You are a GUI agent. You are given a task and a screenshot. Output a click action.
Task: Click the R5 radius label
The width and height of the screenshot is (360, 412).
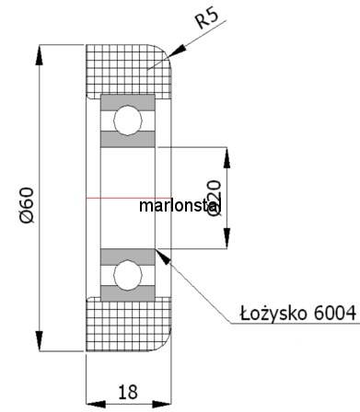[x=207, y=18]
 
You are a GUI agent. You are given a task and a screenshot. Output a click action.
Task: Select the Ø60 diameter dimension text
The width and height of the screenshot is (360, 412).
[x=27, y=205]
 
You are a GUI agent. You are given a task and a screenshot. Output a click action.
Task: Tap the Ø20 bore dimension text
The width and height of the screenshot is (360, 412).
[x=214, y=199]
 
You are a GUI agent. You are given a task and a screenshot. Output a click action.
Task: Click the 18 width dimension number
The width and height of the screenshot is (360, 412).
[x=128, y=392]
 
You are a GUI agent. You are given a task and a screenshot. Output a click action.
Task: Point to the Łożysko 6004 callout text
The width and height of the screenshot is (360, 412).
[x=298, y=314]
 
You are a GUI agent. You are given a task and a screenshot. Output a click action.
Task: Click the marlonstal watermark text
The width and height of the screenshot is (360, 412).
[x=180, y=206]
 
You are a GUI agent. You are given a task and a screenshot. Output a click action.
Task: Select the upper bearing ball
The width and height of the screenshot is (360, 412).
[x=128, y=120]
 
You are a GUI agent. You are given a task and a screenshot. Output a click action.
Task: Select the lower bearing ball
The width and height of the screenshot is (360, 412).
[x=128, y=275]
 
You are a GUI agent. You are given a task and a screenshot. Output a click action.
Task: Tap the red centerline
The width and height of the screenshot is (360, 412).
[x=128, y=198]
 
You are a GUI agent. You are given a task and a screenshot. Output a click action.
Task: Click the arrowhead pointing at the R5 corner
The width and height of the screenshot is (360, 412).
[x=177, y=51]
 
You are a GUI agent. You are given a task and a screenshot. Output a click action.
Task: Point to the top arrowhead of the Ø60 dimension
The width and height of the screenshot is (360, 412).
[x=40, y=55]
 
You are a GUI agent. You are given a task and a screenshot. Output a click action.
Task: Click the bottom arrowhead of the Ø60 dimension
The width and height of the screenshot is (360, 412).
[x=40, y=341]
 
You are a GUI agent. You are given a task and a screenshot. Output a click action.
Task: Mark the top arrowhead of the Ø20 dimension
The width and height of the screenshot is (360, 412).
[x=226, y=157]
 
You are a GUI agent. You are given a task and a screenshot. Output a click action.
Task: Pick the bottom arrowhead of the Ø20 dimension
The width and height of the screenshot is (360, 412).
[x=226, y=238]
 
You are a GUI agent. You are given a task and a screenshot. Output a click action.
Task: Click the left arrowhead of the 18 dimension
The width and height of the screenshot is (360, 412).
[x=96, y=405]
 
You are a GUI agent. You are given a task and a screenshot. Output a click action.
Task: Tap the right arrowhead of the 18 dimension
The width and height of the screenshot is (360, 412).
[x=161, y=405]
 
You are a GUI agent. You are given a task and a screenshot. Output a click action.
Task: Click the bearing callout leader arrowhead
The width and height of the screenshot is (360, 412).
[x=163, y=257]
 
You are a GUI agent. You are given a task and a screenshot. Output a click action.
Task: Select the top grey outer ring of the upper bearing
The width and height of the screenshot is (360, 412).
[x=128, y=103]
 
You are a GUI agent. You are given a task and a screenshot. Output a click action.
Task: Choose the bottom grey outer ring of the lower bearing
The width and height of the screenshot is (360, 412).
[x=128, y=293]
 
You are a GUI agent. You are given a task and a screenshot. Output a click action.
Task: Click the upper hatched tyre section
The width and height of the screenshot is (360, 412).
[x=128, y=70]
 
